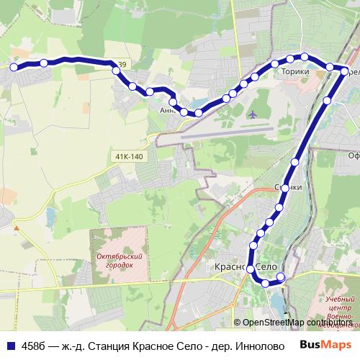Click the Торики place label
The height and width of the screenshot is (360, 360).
(296, 71)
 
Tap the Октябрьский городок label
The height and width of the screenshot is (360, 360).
(115, 261)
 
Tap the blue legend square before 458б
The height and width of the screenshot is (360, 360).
(10, 345)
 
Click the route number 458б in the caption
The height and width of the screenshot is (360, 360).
(33, 345)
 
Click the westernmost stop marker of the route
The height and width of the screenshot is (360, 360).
(13, 67)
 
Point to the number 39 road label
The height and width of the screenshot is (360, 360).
(122, 66)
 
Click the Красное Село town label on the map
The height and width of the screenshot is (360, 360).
(246, 267)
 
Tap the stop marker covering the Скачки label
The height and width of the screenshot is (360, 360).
(286, 188)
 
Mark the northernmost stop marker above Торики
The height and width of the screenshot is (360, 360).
(305, 56)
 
